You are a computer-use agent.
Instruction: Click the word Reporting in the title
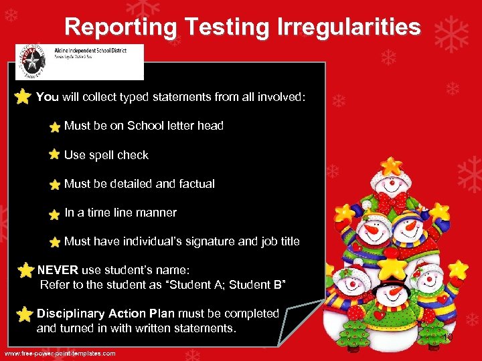coord(120,27)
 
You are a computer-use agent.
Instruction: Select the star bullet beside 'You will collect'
coord(23,97)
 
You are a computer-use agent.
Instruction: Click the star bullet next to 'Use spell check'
coord(54,154)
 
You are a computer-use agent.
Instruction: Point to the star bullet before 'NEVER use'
coord(26,270)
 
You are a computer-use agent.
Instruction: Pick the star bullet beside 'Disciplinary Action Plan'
coord(25,314)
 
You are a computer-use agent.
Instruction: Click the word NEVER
coord(58,270)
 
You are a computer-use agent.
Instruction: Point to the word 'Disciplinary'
coord(70,313)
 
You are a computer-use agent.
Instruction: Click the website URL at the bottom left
coord(60,353)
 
